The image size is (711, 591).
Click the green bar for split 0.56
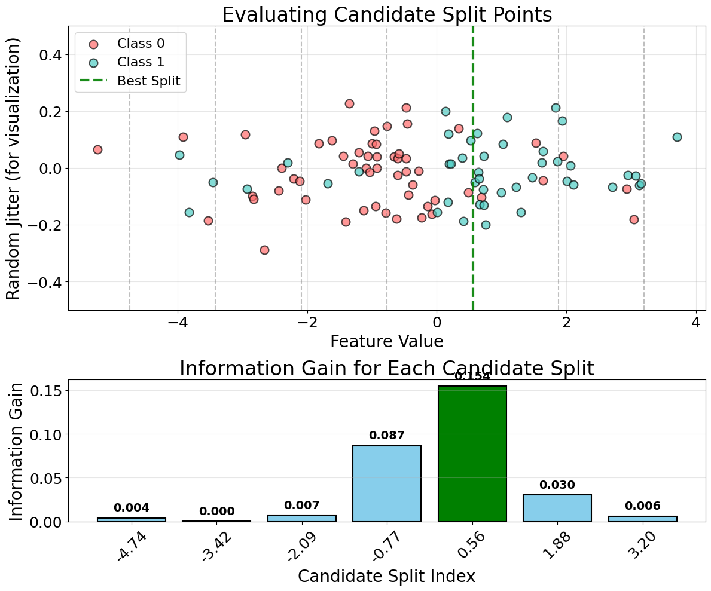472,454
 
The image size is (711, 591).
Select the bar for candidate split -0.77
386,483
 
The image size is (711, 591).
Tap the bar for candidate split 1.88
557,508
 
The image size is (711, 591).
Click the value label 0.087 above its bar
386,436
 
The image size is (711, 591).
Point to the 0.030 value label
557,485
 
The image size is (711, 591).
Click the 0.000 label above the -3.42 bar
216,512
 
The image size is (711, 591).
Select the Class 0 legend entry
140,43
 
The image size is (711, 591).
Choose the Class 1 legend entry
140,62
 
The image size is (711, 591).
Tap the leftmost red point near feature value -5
97,149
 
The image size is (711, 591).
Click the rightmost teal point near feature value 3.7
677,137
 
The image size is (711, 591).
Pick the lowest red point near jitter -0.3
264,250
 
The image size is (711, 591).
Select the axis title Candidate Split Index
386,576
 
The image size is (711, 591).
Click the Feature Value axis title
386,341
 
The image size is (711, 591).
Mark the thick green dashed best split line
472,239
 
